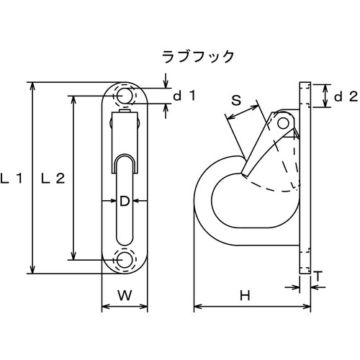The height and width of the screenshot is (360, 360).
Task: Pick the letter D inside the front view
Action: tap(124, 203)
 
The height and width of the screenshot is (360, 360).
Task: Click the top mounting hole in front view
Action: tap(124, 96)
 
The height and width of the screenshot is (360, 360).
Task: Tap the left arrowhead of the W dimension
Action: tap(104, 307)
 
